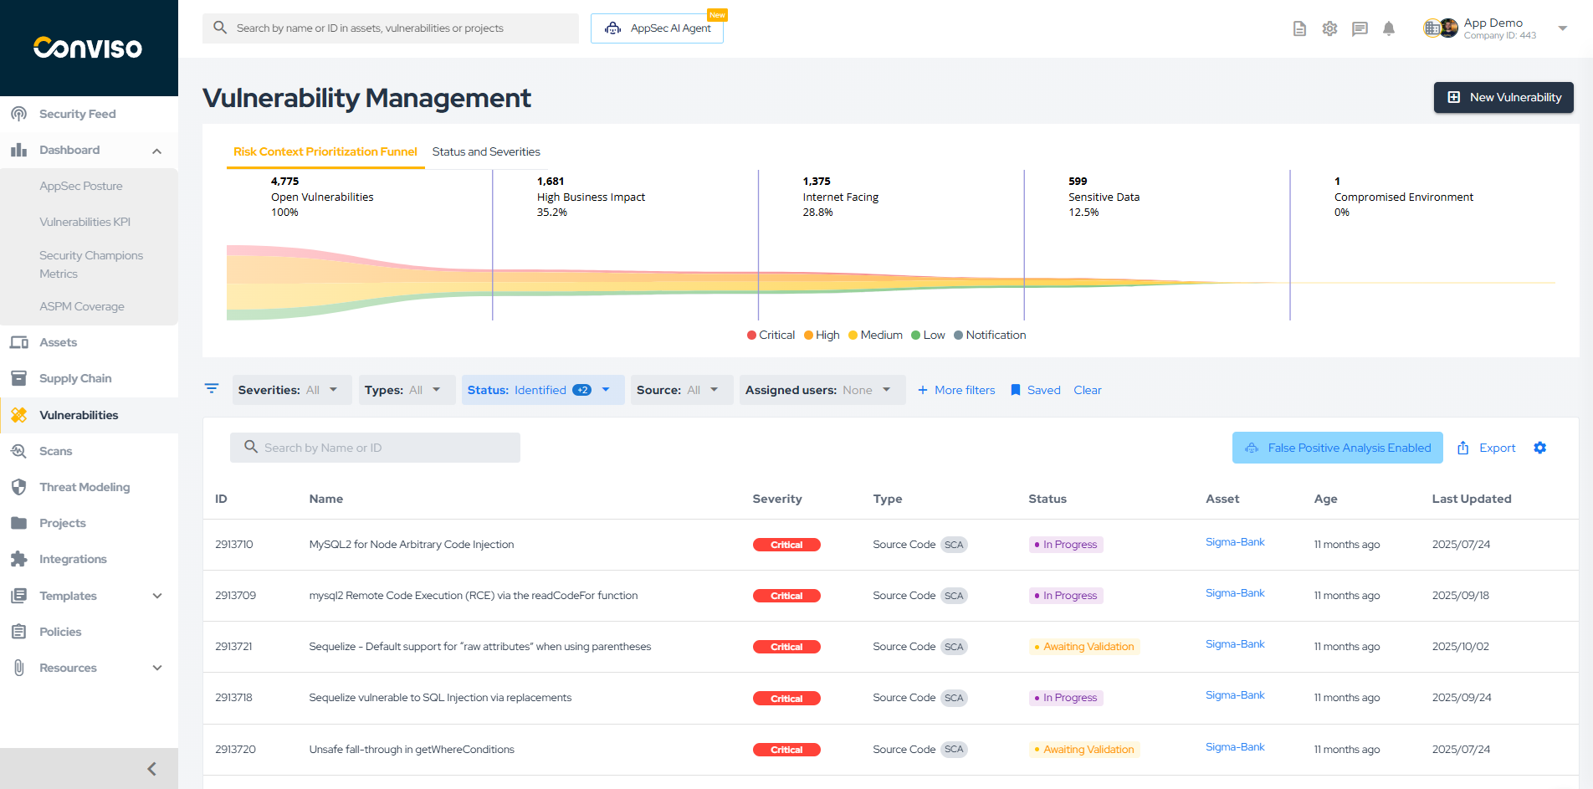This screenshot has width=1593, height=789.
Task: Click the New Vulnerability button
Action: click(x=1503, y=97)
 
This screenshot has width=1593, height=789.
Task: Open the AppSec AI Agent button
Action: click(x=657, y=28)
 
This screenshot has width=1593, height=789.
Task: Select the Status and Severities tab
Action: click(x=485, y=151)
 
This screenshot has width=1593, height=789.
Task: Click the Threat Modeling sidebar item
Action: click(x=84, y=487)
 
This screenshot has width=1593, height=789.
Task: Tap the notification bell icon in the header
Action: click(x=1389, y=28)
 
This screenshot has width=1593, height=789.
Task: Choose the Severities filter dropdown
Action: click(x=290, y=390)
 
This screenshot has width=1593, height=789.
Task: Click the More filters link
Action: click(x=956, y=390)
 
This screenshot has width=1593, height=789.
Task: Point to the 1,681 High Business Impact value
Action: click(x=551, y=181)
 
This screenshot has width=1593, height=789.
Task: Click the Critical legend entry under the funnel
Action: click(x=771, y=335)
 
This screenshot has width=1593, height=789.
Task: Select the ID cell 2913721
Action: click(x=233, y=647)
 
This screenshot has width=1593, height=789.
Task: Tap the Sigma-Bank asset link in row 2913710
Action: click(x=1235, y=542)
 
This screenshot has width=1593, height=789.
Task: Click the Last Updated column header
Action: click(x=1471, y=499)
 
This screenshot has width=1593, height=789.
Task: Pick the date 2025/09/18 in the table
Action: click(x=1460, y=596)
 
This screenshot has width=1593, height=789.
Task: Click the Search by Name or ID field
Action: click(x=375, y=448)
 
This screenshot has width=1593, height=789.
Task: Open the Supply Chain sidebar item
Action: click(x=74, y=378)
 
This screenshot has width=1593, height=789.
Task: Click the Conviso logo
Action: click(x=88, y=48)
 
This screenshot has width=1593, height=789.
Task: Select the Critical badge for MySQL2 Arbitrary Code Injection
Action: click(x=786, y=545)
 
